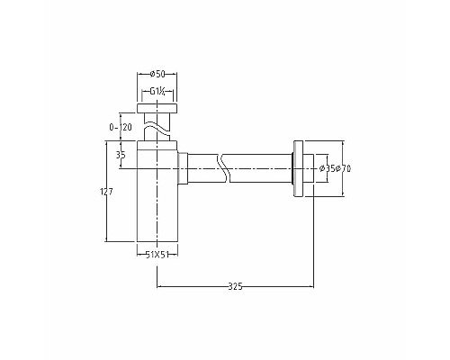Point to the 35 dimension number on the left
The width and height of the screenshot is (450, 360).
tap(121, 155)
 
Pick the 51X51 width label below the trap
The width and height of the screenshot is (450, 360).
tap(158, 255)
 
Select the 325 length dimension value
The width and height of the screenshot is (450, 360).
tap(235, 285)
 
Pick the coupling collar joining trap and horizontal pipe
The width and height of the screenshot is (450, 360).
tap(183, 167)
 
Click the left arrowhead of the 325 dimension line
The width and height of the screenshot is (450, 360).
tap(159, 285)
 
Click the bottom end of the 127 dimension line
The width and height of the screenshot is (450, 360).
tap(107, 240)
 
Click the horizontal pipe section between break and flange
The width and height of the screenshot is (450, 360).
tap(261, 167)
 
